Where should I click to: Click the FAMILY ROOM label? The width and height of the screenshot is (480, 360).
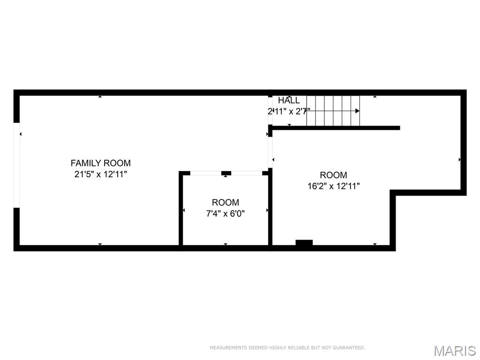tap(100, 163)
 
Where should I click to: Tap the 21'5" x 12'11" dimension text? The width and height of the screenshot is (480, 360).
tap(100, 174)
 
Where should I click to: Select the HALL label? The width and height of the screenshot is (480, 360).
tap(289, 100)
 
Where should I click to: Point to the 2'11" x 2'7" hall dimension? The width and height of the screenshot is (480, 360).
tap(289, 111)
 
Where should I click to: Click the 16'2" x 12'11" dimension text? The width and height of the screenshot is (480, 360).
tap(333, 186)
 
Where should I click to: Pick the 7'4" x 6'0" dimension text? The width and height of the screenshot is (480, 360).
tap(225, 214)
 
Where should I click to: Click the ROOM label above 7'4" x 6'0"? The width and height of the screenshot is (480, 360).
tap(225, 202)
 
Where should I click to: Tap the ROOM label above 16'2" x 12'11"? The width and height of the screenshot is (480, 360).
tap(333, 175)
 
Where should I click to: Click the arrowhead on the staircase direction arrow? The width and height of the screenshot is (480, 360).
tap(357, 111)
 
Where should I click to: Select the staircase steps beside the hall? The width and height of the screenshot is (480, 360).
tap(333, 111)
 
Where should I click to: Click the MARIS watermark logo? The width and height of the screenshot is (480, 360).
tap(455, 350)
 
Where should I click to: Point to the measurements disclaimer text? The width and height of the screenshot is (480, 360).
tap(287, 348)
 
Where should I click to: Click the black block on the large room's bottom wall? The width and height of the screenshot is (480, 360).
tap(304, 243)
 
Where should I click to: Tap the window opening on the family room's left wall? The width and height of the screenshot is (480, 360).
tap(17, 165)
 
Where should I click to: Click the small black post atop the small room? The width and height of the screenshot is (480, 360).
tap(226, 173)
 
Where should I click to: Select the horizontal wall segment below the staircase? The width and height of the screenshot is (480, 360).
tap(336, 127)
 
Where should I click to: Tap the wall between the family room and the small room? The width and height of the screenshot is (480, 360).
tap(180, 209)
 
